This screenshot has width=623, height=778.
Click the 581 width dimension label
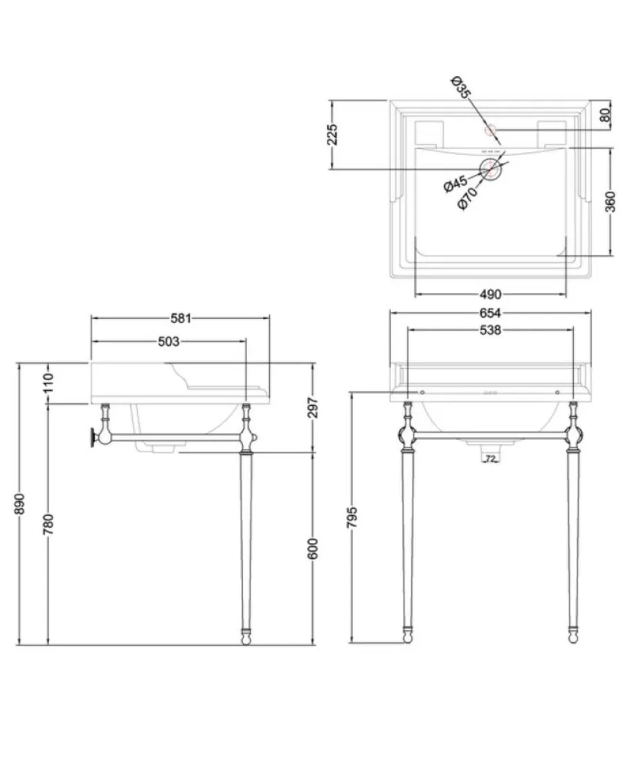pos(181,318)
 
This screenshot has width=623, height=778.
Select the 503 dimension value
pos(168,342)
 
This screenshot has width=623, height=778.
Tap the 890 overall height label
pos(19,504)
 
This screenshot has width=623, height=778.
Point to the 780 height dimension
pos(48,524)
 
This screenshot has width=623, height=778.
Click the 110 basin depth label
pos(48,383)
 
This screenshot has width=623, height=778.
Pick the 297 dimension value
pos(312,408)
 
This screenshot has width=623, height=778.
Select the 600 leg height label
pos(312,548)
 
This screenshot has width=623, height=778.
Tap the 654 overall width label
pos(490,313)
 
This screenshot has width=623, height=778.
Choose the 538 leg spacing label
pos(490,330)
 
